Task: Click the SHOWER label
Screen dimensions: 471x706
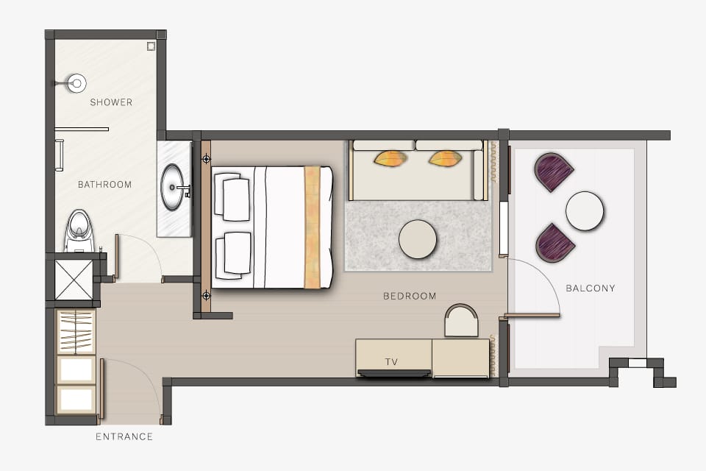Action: tap(111, 102)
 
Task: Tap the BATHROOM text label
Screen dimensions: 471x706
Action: tap(104, 185)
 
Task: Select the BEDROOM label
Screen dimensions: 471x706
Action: tap(410, 296)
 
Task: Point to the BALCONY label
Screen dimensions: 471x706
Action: tap(590, 288)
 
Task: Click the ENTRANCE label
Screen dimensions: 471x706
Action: tap(124, 436)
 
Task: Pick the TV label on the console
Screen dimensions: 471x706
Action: tap(391, 362)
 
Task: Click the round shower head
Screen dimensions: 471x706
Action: tap(76, 83)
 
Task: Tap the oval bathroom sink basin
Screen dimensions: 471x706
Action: tap(174, 188)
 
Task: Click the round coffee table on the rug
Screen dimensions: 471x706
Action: tap(418, 239)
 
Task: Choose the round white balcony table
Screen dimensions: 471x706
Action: tap(585, 210)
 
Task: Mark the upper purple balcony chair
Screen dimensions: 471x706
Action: tap(554, 171)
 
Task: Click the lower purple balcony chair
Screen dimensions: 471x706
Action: tap(555, 243)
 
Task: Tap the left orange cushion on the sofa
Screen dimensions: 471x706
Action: tap(391, 157)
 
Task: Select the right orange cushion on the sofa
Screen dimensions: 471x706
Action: tap(445, 157)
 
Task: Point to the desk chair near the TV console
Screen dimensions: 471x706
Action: tap(461, 321)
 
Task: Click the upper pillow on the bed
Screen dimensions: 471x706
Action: tap(235, 197)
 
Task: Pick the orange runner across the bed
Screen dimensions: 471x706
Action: tap(313, 227)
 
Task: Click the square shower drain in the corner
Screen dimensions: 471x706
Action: tap(151, 46)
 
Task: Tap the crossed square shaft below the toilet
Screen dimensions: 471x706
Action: tap(74, 279)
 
